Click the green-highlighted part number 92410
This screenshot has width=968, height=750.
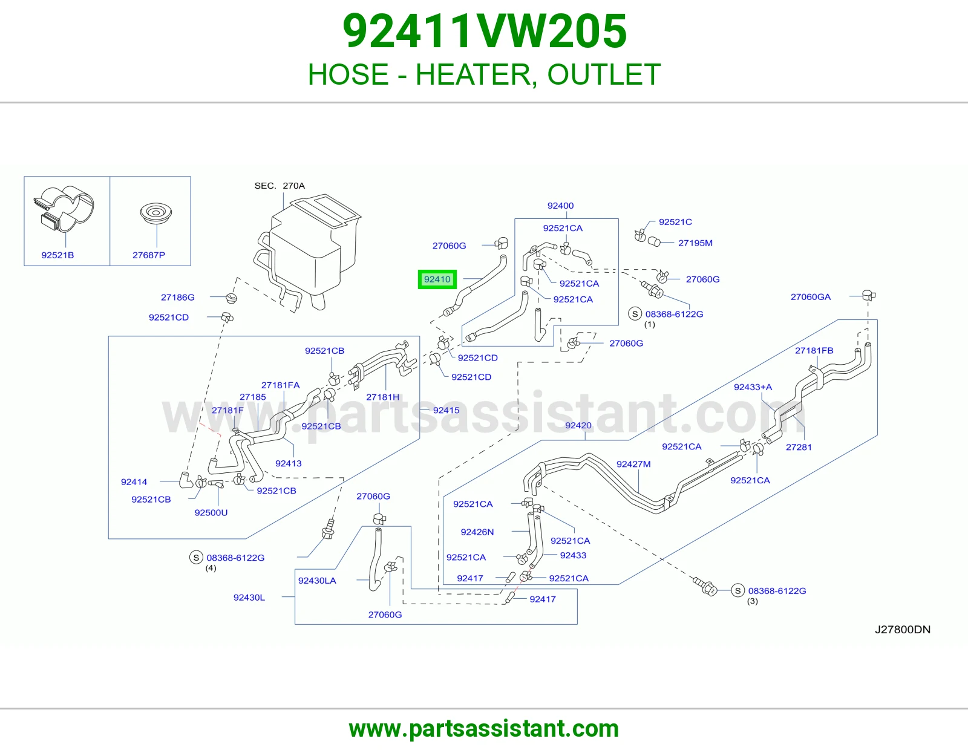437,279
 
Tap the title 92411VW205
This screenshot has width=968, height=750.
484,31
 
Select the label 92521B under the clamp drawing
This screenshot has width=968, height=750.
57,255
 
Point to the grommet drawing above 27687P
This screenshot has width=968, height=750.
156,213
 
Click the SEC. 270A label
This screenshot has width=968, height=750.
280,186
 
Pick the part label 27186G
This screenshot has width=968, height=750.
178,297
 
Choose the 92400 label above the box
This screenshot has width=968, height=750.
560,206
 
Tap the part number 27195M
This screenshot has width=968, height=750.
695,243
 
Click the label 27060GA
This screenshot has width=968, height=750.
810,296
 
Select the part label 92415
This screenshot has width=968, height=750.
446,410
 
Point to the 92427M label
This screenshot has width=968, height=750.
633,464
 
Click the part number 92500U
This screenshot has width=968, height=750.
211,513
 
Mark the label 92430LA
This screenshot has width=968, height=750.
317,581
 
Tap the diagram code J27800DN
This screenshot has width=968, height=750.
903,629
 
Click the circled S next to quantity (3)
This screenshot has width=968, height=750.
737,590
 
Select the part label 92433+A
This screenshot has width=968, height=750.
753,387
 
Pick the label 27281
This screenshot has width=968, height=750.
798,447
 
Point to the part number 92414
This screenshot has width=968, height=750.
134,482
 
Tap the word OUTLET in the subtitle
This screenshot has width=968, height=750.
604,74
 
